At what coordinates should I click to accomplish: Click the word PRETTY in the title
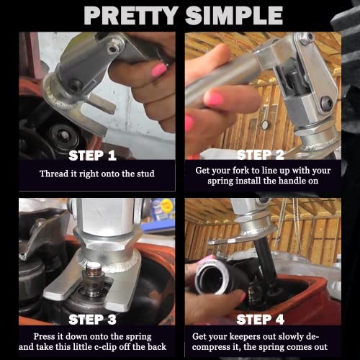(x=131, y=15)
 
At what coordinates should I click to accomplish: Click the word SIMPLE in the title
(x=234, y=15)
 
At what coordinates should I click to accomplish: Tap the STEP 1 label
(x=92, y=156)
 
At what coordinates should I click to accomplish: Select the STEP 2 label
(x=261, y=155)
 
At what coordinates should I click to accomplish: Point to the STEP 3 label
(x=92, y=320)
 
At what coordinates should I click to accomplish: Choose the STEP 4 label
(x=261, y=320)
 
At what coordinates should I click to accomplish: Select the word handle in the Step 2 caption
(x=292, y=181)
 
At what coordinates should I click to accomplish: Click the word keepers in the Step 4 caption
(x=244, y=337)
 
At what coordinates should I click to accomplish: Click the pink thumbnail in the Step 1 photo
(x=159, y=70)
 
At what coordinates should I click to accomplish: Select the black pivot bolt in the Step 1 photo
(x=76, y=85)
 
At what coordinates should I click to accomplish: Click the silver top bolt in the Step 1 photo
(x=113, y=49)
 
